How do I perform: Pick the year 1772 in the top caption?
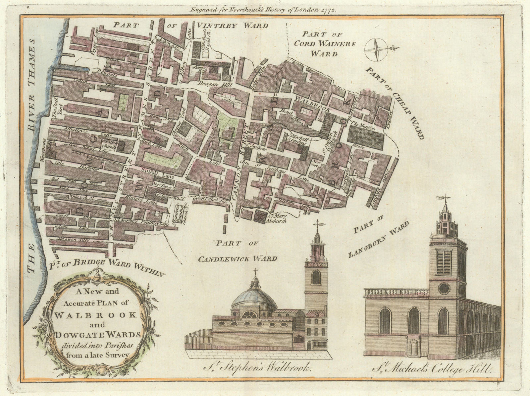pyautogui.click(x=329, y=10)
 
